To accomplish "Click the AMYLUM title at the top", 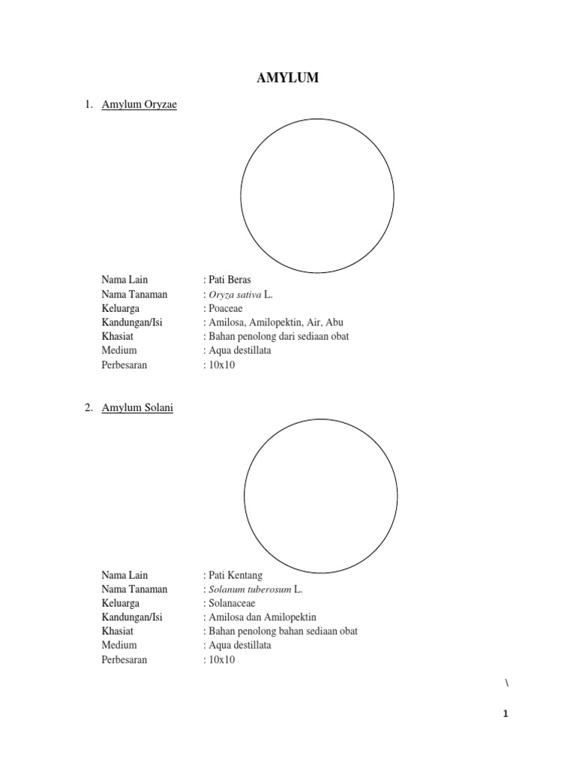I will pos(288,78).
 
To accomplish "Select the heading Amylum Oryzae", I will pos(139,105).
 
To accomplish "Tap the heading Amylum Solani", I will pos(137,409).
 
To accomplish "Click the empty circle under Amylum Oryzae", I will pos(317,195).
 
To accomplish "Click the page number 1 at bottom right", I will pos(506,714).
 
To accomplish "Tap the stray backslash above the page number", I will pos(507,682).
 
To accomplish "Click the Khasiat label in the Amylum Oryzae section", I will pos(118,337).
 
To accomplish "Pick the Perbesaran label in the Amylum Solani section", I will pos(124,660).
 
